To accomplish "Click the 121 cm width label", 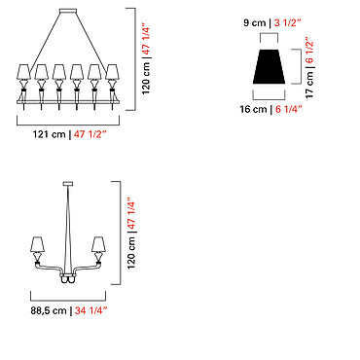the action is (49, 134).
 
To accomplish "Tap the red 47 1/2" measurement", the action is (90, 134).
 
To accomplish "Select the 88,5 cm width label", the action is (49, 310).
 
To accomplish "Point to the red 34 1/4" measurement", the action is (90, 310).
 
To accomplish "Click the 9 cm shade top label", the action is (254, 23).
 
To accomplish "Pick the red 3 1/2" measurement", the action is (288, 23).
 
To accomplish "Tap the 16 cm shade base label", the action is (253, 109).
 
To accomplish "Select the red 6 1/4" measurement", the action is (289, 109).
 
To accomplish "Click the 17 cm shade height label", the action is (309, 85).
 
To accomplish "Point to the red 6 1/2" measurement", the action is (309, 52).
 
